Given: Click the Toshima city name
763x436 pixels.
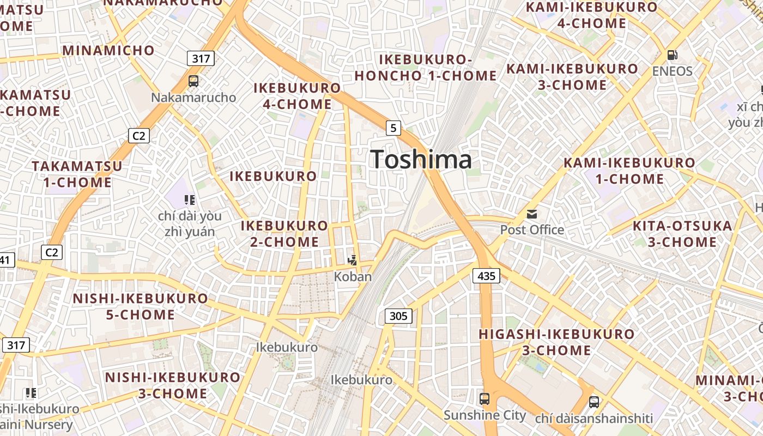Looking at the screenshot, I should (421, 159).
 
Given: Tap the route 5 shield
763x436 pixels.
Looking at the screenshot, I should (393, 128).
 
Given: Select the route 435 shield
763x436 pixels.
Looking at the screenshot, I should (486, 276).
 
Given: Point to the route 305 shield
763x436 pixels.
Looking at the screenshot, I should (398, 316).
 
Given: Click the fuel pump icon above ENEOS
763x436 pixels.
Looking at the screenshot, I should (673, 55).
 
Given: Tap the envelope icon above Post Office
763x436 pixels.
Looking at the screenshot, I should (531, 214).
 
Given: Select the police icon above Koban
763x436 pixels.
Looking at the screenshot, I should (353, 261).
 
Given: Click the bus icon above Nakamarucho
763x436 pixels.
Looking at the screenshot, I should (193, 81).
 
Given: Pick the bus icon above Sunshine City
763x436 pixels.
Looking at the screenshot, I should (485, 399).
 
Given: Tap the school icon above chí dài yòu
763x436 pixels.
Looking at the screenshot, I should (189, 200).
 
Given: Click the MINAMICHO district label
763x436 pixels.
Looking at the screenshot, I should (108, 51).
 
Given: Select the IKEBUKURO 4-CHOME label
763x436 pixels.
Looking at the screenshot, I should (297, 96).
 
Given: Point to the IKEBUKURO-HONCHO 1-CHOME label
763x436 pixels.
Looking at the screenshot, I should (425, 68).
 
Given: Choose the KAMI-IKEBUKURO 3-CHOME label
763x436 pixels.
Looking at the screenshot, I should (572, 77).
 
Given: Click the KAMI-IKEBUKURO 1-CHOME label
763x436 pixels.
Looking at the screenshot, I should (629, 171).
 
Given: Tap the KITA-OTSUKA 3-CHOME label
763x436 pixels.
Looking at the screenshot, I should (682, 234).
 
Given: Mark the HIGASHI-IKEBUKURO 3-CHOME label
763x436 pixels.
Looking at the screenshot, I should (556, 342).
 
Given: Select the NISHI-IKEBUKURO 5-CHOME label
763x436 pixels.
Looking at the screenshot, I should (140, 306).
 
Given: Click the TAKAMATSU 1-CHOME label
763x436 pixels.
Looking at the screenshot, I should (77, 174).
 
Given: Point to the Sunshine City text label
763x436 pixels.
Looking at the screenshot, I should (485, 415).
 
